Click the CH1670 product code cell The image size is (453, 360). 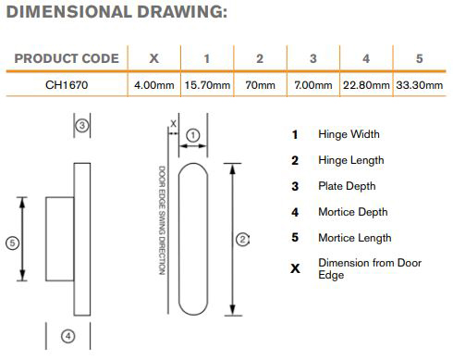[x=67, y=85]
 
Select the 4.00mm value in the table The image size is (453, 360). [x=154, y=85]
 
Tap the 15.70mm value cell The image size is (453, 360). [x=207, y=85]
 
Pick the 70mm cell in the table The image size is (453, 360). [x=261, y=85]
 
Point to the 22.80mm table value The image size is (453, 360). [x=366, y=85]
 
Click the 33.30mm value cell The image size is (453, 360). [x=420, y=85]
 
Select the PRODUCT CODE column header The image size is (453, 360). [x=67, y=58]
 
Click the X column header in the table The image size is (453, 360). [x=154, y=58]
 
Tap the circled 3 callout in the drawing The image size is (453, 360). [x=82, y=125]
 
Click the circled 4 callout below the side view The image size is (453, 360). [x=68, y=336]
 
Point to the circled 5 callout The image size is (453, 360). [x=13, y=242]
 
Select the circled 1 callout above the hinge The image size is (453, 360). [x=193, y=135]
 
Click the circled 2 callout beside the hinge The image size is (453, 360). [x=242, y=240]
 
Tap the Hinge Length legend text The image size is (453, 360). [x=351, y=160]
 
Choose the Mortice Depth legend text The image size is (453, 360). [x=353, y=212]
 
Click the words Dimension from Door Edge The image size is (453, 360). [x=370, y=268]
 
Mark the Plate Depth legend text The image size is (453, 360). [x=347, y=186]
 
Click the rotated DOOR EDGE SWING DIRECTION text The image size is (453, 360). [x=162, y=220]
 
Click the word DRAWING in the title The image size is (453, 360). [x=182, y=12]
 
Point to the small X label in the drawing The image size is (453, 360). [x=174, y=124]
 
